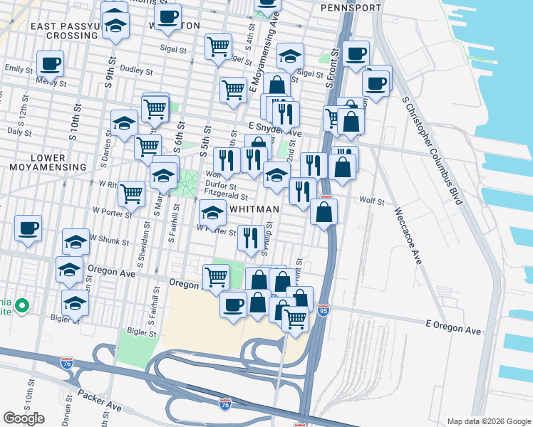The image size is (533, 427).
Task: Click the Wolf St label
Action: (x=371, y=201)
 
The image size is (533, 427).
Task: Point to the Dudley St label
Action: (x=137, y=71)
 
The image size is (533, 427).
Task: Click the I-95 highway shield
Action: (x=323, y=312)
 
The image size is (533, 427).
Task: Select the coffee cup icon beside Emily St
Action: (x=50, y=63)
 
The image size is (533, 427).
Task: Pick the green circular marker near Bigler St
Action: (x=22, y=306)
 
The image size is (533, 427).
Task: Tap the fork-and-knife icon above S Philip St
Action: (x=249, y=238)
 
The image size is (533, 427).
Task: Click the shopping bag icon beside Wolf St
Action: (x=324, y=211)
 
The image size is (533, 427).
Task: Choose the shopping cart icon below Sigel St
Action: (x=218, y=47)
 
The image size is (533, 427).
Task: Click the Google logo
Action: (x=24, y=418)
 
